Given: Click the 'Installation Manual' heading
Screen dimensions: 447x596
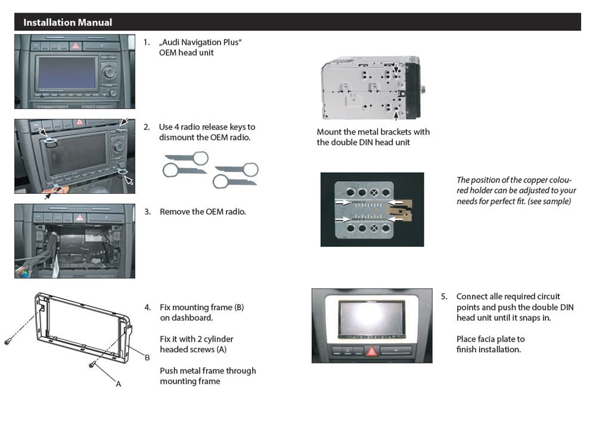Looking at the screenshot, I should [67, 23].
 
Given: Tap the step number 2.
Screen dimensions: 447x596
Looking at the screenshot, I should [146, 127].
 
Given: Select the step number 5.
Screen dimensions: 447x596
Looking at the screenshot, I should [444, 296].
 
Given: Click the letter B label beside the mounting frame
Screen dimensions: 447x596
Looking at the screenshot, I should [147, 358].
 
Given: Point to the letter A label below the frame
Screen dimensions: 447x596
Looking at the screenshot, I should [118, 384].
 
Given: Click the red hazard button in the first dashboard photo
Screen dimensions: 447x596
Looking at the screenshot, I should [76, 45].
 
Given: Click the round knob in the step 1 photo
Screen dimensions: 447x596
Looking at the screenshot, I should [109, 72].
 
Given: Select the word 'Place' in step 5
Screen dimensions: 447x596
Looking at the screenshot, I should [468, 339].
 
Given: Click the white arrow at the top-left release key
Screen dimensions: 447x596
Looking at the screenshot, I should [42, 131].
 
